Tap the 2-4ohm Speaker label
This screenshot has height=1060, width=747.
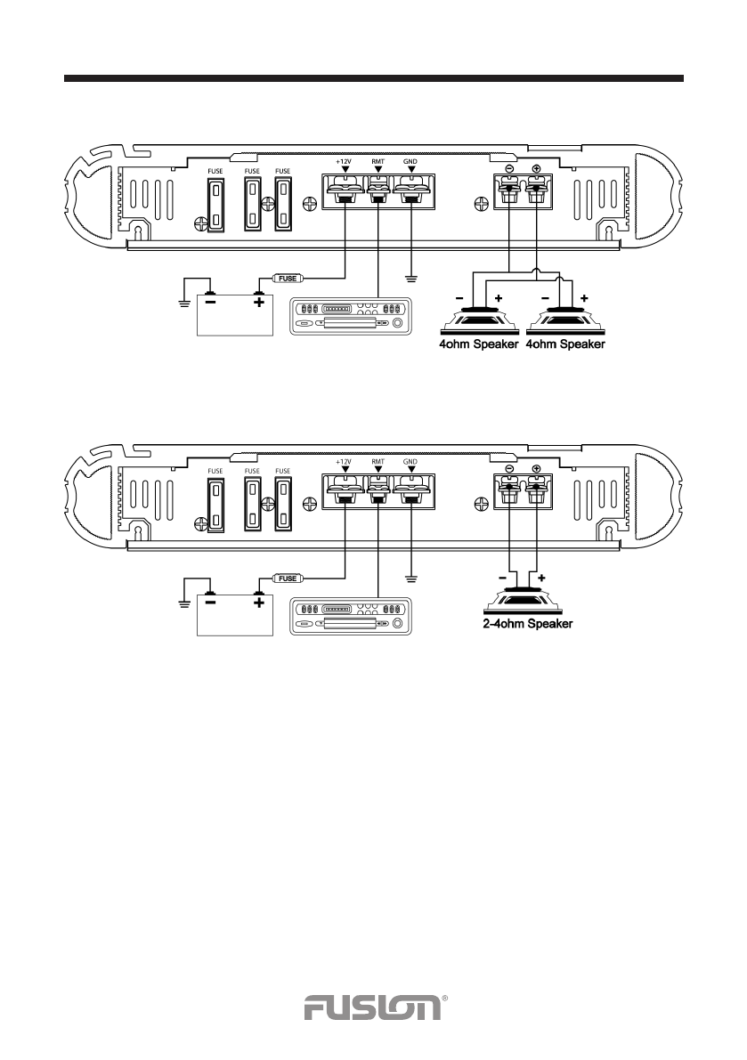click(522, 624)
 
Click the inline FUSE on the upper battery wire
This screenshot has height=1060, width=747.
click(286, 278)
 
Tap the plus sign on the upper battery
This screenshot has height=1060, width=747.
click(259, 301)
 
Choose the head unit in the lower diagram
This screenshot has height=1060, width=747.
click(349, 617)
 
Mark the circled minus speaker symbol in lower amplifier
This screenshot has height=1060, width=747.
click(507, 470)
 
